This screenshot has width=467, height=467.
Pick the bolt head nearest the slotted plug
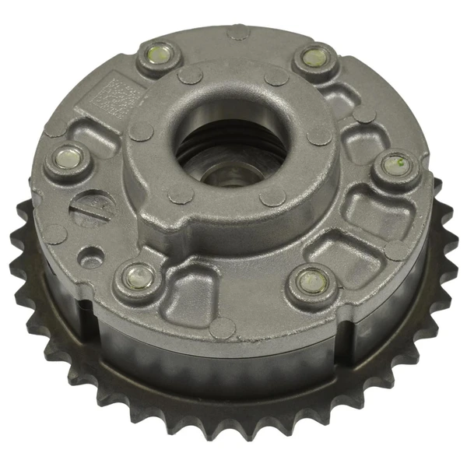coord(66,160)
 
